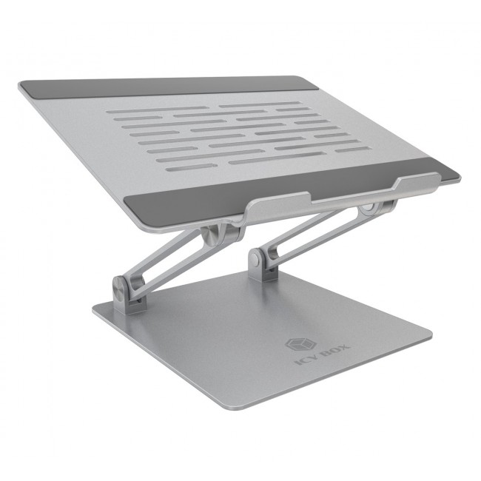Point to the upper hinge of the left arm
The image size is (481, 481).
click(211, 235)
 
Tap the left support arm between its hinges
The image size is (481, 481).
click(166, 259)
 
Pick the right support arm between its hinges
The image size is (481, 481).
click(311, 233)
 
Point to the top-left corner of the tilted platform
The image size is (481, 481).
click(21, 85)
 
